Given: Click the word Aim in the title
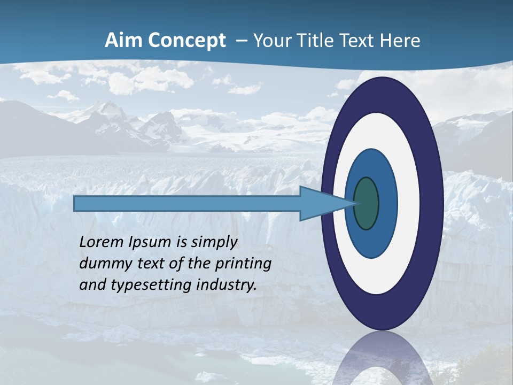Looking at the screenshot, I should (x=122, y=41).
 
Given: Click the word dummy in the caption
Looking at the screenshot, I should (x=102, y=264).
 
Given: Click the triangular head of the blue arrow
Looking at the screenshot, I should (x=321, y=203).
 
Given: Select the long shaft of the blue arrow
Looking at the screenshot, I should (x=187, y=203).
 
